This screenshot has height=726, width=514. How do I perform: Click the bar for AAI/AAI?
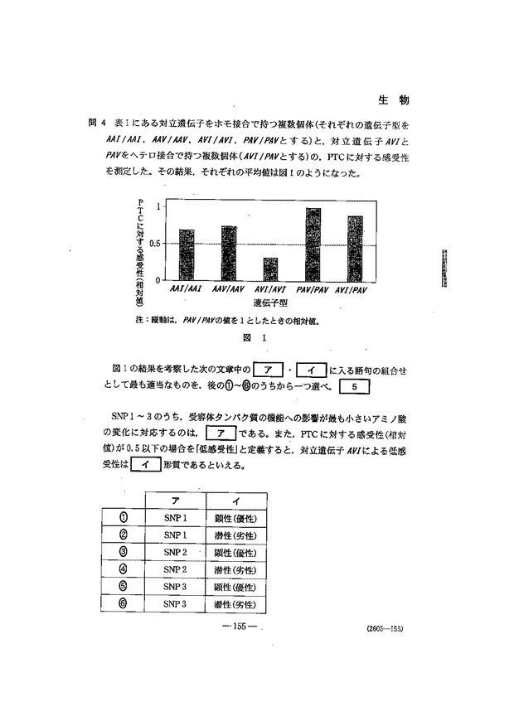(187, 254)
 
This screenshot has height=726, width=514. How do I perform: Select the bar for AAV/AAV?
(229, 253)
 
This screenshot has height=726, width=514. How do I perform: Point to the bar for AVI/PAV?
(355, 248)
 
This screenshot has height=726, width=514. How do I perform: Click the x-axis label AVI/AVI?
(270, 290)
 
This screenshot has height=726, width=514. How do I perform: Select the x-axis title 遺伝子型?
(270, 303)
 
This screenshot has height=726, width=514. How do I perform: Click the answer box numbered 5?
(354, 386)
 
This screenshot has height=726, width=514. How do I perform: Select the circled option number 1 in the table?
(122, 517)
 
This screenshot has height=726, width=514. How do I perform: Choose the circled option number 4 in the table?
(122, 569)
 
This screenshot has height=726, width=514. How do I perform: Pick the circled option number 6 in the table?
(122, 603)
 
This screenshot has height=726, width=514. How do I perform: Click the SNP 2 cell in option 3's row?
(175, 552)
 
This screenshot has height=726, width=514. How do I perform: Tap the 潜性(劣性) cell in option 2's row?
(235, 535)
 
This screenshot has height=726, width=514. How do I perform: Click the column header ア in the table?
(175, 501)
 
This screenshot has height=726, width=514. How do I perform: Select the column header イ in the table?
(235, 501)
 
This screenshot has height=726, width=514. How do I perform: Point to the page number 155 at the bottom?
(241, 626)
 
